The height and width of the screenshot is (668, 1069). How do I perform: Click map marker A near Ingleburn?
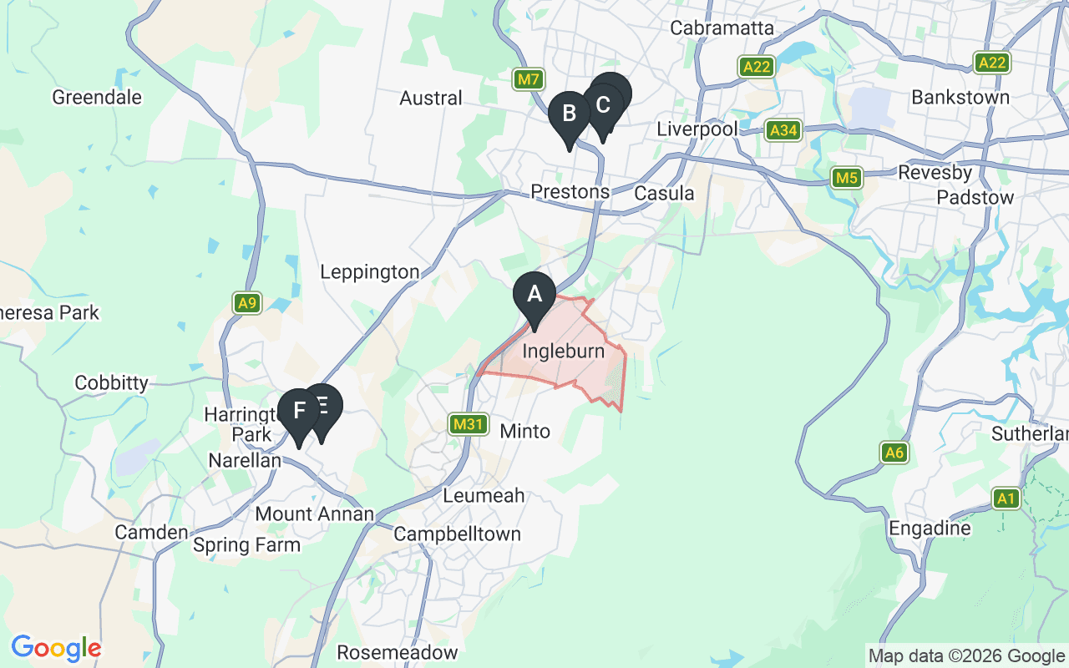(x=534, y=296)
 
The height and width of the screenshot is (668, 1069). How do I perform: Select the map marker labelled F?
(x=298, y=412)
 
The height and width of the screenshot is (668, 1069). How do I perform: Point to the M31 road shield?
(x=468, y=424)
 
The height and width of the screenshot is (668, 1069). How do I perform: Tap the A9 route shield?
(x=246, y=302)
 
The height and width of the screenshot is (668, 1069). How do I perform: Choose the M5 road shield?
(x=847, y=178)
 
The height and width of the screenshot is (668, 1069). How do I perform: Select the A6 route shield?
(x=894, y=453)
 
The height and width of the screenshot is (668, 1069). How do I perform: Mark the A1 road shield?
(x=1006, y=498)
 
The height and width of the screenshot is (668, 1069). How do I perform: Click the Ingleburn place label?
(x=564, y=352)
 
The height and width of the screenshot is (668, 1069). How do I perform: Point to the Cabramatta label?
(x=722, y=28)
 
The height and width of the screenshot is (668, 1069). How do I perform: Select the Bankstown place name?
(x=960, y=97)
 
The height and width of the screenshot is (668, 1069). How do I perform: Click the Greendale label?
(x=97, y=97)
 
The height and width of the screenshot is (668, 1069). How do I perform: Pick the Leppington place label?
(x=370, y=272)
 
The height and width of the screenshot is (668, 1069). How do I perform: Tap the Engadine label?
(x=930, y=529)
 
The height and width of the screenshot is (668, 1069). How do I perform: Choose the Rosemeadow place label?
(x=398, y=651)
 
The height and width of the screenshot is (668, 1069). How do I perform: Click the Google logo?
(x=56, y=648)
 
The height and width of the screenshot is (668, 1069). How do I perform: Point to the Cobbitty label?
(x=111, y=383)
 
